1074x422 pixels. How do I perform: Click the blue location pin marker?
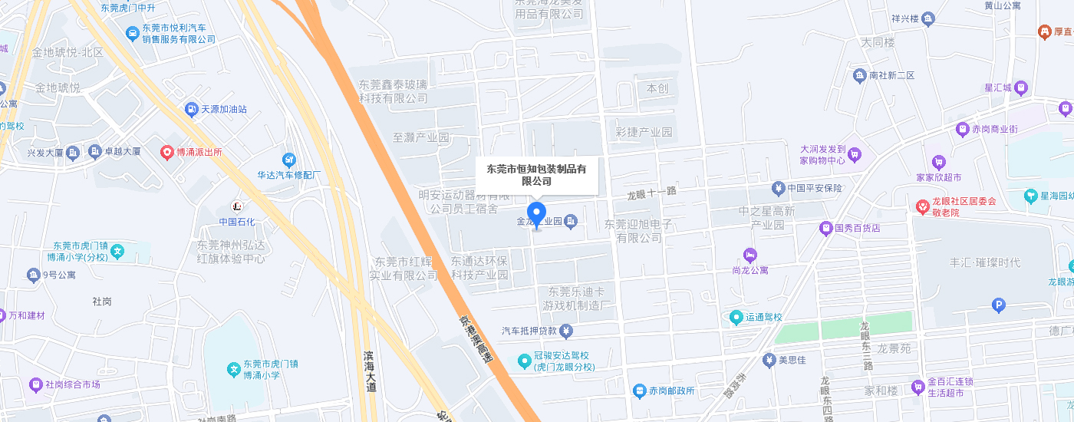tap(537, 213)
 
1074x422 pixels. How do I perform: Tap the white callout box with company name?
tap(537, 175)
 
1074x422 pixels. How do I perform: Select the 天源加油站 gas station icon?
tap(191, 110)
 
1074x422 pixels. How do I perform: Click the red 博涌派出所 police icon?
tap(166, 152)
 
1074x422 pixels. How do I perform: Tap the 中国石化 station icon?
tap(237, 206)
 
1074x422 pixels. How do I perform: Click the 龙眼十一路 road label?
tap(651, 192)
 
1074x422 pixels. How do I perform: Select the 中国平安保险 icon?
tap(778, 188)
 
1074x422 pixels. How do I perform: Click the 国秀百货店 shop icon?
tap(825, 228)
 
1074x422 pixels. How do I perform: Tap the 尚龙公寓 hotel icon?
tap(749, 255)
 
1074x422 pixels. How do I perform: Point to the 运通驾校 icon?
tap(736, 317)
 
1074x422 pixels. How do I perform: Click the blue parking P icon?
tap(999, 306)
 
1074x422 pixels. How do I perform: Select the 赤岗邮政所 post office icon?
tap(639, 391)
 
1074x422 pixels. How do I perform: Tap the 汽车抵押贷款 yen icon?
tap(566, 331)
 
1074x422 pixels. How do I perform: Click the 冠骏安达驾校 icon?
tap(524, 360)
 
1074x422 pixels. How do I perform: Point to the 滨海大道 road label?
tap(371, 371)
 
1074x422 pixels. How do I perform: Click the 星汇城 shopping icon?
tap(1021, 87)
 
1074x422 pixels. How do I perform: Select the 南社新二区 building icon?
tap(859, 75)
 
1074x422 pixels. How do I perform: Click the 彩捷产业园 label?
tap(644, 132)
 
